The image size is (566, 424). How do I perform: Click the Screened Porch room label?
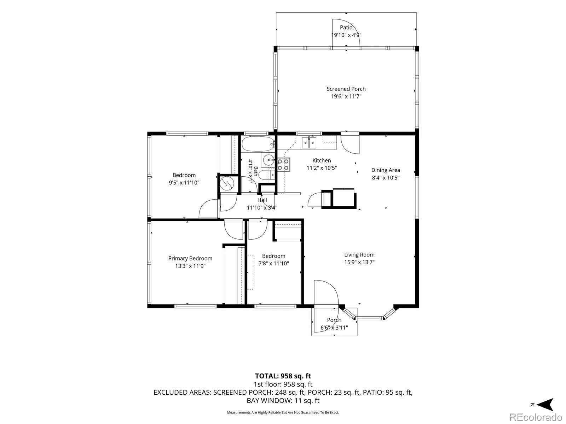(346, 89)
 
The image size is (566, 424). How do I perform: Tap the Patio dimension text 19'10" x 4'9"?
(346, 35)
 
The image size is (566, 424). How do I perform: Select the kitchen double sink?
(309, 143)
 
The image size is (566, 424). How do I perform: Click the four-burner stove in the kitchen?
(283, 165)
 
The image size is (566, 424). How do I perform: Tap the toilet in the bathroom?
(266, 175)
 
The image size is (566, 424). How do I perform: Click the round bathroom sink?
(268, 160)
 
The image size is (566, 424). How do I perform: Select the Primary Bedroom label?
(190, 258)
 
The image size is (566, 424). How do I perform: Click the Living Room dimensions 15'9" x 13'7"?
(359, 262)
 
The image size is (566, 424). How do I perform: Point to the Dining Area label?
(386, 170)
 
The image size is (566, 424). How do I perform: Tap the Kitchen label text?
(322, 160)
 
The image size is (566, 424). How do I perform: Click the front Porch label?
(334, 320)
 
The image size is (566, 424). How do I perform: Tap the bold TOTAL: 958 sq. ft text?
(283, 376)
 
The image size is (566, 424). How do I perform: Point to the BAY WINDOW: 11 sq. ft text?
(283, 400)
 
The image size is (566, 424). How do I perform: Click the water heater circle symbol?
(227, 183)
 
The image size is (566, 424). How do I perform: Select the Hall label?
(262, 200)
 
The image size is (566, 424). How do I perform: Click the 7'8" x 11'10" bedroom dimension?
(273, 263)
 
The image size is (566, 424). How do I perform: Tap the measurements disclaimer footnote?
(283, 412)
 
